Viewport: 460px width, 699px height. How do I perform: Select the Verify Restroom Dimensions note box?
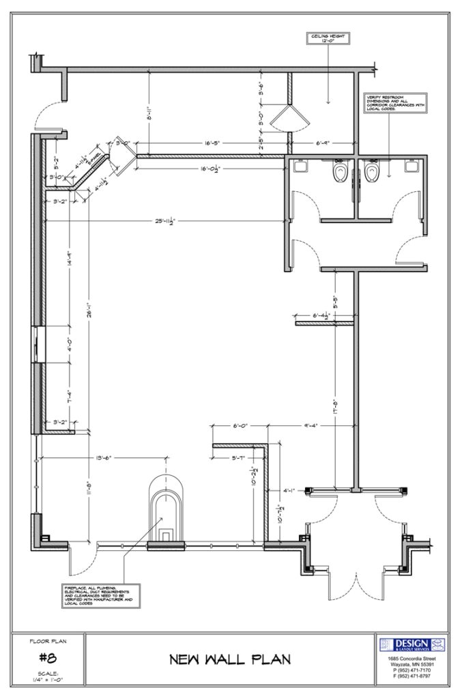395,102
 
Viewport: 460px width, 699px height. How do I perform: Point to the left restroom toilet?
339,173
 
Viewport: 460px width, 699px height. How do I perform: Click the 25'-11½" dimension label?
166,220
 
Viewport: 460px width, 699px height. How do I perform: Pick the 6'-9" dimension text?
323,143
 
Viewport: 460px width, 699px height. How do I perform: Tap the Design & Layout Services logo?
412,644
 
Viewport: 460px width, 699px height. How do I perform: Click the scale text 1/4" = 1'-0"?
48,679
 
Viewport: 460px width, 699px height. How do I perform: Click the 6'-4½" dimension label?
321,316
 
